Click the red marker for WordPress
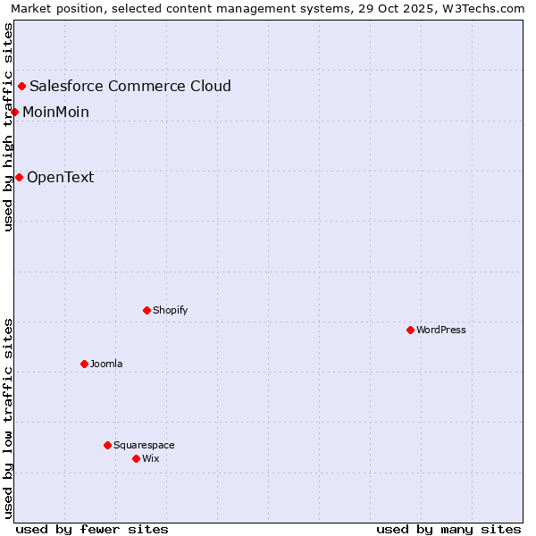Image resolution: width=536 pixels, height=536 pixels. (x=410, y=330)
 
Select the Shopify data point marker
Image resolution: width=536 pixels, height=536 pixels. (x=147, y=310)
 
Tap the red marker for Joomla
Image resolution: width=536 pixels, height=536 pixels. (x=84, y=364)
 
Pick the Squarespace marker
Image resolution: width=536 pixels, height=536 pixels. (x=107, y=445)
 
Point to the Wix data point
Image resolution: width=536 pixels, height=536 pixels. (x=136, y=458)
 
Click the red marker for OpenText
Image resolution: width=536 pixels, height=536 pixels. (x=19, y=177)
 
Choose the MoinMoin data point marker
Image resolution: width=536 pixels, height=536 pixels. (x=14, y=112)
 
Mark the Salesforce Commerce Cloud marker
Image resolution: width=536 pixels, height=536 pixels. (x=21, y=86)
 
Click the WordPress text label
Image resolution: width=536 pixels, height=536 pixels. (x=441, y=330)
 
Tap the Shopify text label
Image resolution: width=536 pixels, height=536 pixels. (x=170, y=310)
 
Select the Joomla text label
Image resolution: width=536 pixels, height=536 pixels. (x=106, y=364)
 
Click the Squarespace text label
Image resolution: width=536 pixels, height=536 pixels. (x=144, y=445)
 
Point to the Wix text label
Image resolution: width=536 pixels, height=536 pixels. (x=150, y=458)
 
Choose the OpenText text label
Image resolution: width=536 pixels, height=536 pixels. (x=60, y=177)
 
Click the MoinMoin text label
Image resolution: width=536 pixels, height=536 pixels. (x=55, y=112)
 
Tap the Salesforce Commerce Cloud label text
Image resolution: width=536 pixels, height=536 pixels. (x=130, y=86)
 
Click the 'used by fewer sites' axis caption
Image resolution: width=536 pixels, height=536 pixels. (x=92, y=529)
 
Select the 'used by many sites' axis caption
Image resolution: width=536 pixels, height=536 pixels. (x=448, y=529)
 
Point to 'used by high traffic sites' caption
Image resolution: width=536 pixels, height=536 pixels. (x=8, y=127)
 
